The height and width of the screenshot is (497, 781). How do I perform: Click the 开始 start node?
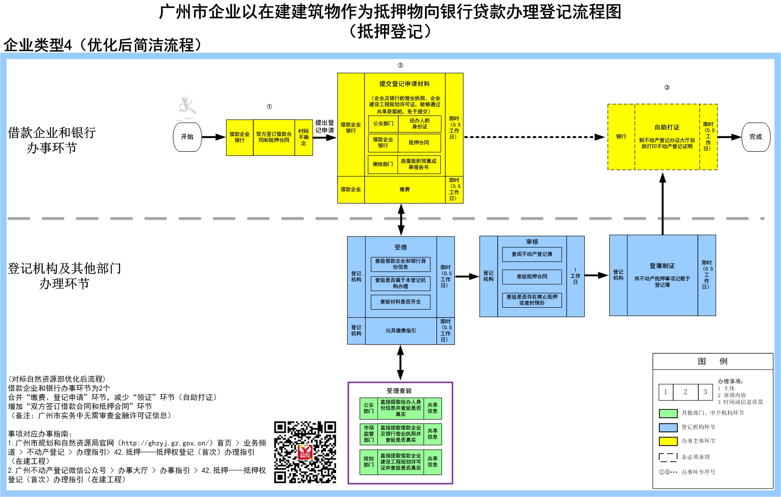[x=187, y=137]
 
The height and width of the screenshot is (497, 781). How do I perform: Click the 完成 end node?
[x=755, y=137]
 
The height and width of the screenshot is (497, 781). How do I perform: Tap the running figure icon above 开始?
[x=187, y=106]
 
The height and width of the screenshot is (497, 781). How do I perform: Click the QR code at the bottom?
[x=305, y=452]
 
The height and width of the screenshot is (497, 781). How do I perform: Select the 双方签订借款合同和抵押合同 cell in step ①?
[x=274, y=137]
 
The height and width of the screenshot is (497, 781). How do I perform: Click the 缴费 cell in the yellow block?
[x=405, y=190]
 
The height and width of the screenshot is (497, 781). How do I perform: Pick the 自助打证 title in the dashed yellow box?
[x=666, y=127]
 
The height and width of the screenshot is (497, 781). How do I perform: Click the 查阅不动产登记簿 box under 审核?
[x=532, y=254]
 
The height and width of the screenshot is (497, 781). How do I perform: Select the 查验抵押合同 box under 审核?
[x=532, y=276]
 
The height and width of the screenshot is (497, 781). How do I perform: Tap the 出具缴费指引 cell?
[x=400, y=331]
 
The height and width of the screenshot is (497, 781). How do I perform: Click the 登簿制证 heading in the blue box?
[x=662, y=266]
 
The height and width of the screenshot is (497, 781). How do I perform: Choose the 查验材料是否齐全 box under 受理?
[x=400, y=302]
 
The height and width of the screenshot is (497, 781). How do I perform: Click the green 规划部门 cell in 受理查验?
[x=368, y=462]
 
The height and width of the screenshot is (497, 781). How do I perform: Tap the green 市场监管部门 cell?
[x=368, y=434]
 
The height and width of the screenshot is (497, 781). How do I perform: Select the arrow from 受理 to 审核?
[x=467, y=276]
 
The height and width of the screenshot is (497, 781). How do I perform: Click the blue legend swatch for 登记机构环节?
[x=668, y=427]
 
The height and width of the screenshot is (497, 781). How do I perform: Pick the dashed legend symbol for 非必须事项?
[x=668, y=457]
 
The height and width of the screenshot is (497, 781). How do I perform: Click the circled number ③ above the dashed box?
[x=666, y=88]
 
